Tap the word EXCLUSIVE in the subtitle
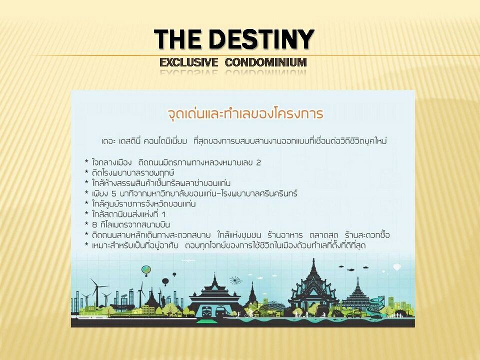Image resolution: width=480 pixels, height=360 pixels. point(188,62)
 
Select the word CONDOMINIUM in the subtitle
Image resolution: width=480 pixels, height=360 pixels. point(265,62)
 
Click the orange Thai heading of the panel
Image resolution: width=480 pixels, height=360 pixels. point(245,113)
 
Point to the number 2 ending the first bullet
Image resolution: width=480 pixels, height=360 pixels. point(258,163)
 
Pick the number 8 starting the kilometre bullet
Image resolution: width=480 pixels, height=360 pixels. point(94,225)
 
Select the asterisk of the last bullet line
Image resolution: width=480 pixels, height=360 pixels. point(86,244)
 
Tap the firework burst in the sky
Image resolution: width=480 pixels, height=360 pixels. point(235,280)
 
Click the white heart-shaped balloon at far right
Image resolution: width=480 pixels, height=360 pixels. point(397,267)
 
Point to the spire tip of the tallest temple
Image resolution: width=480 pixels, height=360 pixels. point(313,258)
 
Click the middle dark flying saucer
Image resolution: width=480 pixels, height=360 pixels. point(351,269)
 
